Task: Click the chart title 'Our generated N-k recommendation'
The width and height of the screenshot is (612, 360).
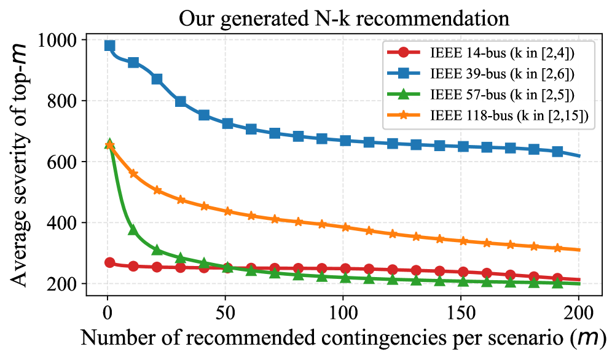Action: pyautogui.click(x=343, y=18)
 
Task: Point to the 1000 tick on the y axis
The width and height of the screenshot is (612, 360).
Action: pyautogui.click(x=60, y=41)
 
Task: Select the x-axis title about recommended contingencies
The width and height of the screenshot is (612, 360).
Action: pyautogui.click(x=343, y=338)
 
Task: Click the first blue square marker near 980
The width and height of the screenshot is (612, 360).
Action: pyautogui.click(x=110, y=46)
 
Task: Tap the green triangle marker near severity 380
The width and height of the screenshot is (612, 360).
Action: pyautogui.click(x=133, y=230)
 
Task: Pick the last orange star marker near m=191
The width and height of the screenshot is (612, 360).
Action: pyautogui.click(x=557, y=248)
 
